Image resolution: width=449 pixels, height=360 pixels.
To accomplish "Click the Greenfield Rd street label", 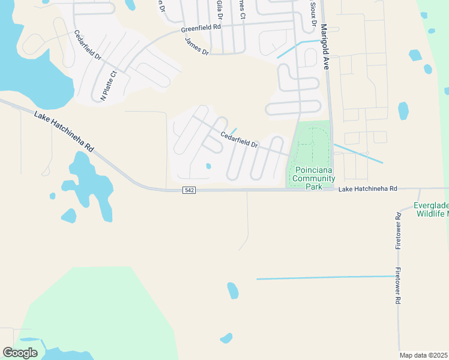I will (x=200, y=28).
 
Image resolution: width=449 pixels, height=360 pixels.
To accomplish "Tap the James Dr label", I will (x=196, y=47).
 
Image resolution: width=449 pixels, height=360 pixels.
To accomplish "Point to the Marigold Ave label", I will (x=325, y=47).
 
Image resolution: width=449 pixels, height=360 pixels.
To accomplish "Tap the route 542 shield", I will (x=188, y=190).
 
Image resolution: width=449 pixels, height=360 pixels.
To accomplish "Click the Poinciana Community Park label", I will (x=312, y=174).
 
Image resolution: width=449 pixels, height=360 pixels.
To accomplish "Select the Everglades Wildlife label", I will (x=431, y=208).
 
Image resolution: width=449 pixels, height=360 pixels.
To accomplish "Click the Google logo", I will (x=20, y=353).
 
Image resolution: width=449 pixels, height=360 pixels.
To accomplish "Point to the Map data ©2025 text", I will (x=423, y=355).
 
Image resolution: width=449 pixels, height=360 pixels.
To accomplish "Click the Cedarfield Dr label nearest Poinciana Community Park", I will (x=239, y=140).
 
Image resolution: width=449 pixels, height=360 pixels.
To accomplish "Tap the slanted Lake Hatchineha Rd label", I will (x=64, y=131).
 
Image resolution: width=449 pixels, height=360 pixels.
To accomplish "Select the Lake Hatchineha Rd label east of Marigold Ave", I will (x=368, y=188).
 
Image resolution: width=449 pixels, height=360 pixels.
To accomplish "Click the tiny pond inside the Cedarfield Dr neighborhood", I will (x=208, y=166).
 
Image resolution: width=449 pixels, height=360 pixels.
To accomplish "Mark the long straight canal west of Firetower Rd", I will (x=324, y=278).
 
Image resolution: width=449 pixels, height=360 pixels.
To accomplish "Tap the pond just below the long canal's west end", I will (x=232, y=291).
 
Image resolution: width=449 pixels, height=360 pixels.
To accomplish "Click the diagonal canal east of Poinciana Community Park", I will (x=358, y=154).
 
